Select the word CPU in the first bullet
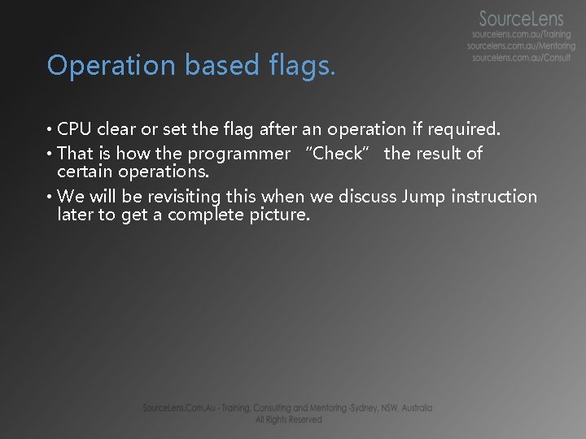point(76,129)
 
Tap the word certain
point(85,172)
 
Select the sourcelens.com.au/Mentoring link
point(521,46)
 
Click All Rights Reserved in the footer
point(288,419)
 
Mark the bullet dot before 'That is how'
point(50,154)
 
